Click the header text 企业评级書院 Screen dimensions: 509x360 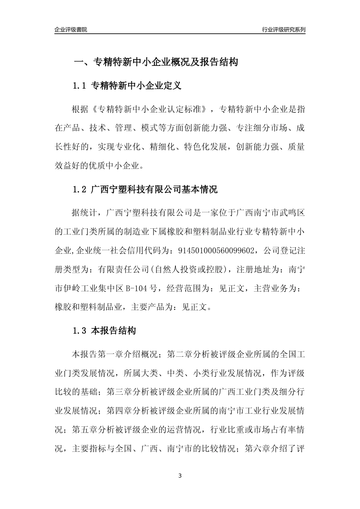71,30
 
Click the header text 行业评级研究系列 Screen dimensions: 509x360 283,30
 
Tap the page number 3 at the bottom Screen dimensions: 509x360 180,476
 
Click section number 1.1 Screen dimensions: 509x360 80,86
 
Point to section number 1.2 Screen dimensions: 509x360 80,190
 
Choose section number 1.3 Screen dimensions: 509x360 80,331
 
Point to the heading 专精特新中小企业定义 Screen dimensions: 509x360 136,86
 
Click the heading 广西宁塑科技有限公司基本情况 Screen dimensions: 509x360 155,190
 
